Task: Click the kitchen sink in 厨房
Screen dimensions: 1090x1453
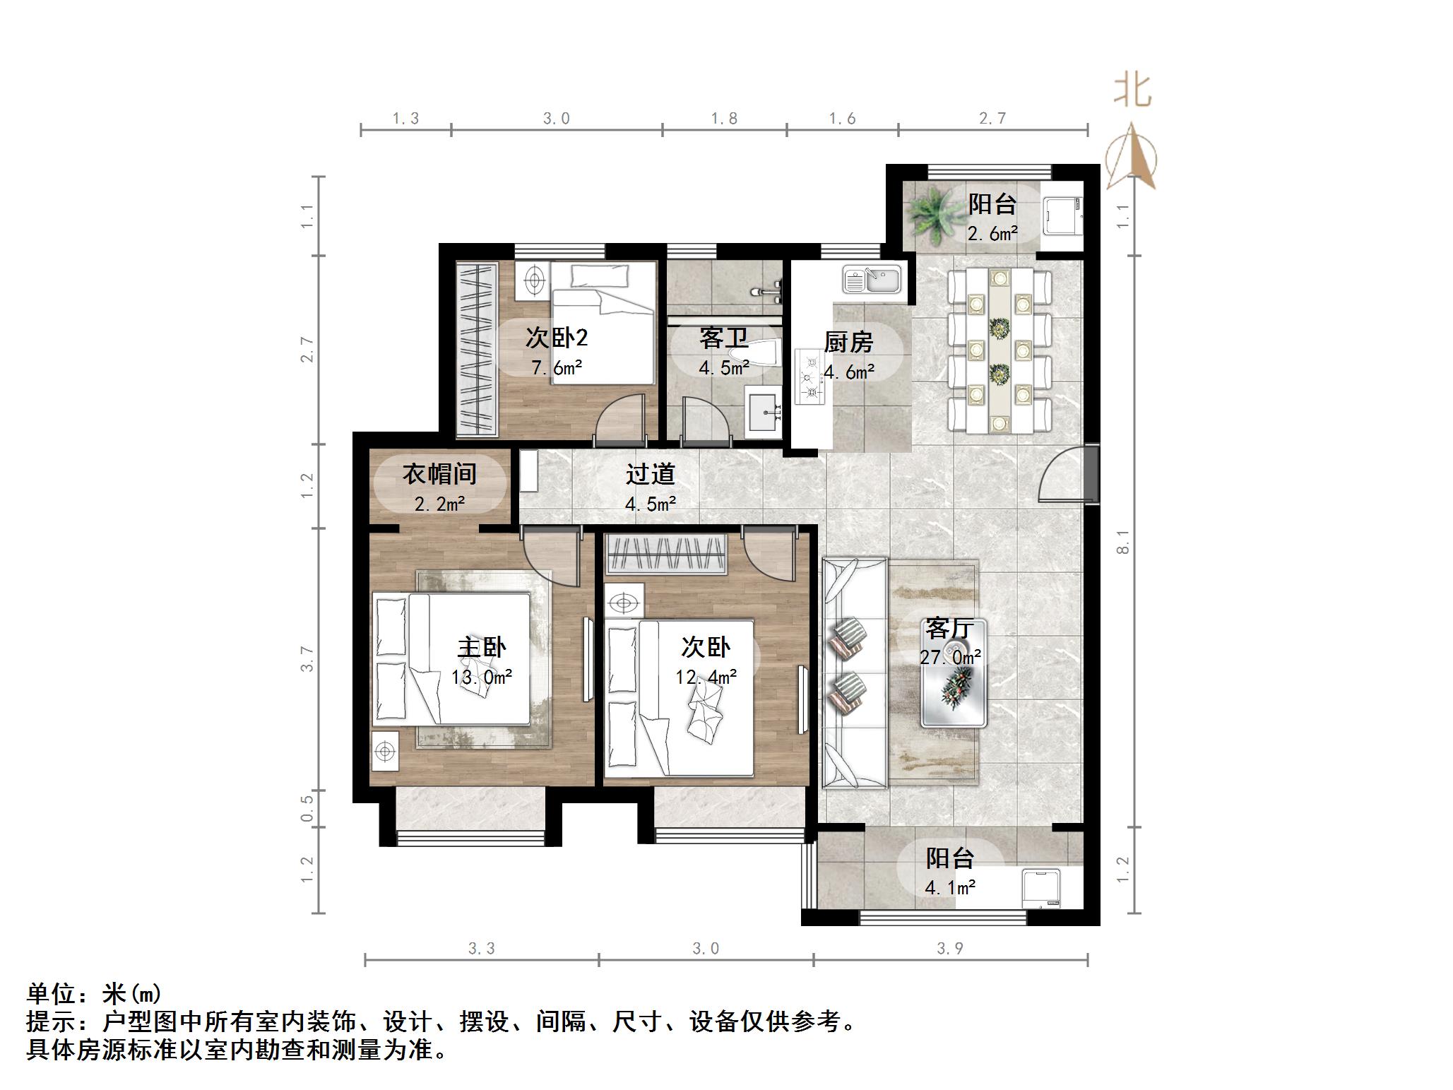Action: coord(872,280)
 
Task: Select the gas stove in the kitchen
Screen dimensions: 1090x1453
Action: coord(809,378)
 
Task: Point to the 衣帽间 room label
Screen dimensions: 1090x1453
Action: coord(439,474)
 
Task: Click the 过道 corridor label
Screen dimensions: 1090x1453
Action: coord(650,474)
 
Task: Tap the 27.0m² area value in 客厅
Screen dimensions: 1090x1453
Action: coord(950,658)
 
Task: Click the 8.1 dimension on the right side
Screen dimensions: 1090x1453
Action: coord(1124,541)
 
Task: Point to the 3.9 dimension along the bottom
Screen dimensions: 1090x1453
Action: coord(949,949)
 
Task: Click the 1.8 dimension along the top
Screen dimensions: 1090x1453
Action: coord(724,119)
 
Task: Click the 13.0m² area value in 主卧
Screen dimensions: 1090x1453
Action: coord(482,677)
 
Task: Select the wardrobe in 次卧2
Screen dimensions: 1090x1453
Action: coord(478,348)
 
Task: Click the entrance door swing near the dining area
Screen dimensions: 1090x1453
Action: coord(1063,475)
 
